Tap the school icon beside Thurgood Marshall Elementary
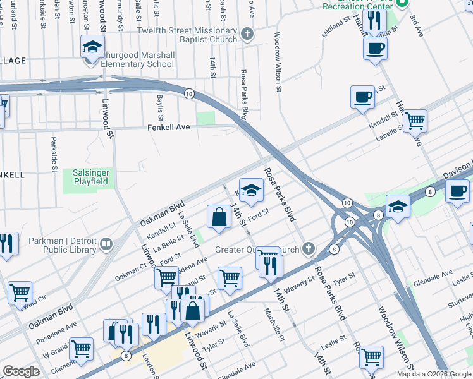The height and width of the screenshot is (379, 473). [92, 47]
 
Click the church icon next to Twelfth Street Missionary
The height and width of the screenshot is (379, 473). [247, 33]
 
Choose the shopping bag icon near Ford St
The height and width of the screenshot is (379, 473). [218, 217]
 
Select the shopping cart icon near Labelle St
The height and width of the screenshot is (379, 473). [415, 119]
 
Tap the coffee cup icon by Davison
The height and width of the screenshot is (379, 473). [457, 189]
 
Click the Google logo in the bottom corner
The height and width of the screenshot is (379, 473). [21, 371]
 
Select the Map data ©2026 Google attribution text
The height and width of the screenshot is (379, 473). [434, 374]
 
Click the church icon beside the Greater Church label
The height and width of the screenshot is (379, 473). [308, 247]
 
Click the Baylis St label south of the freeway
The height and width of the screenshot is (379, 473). [161, 108]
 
